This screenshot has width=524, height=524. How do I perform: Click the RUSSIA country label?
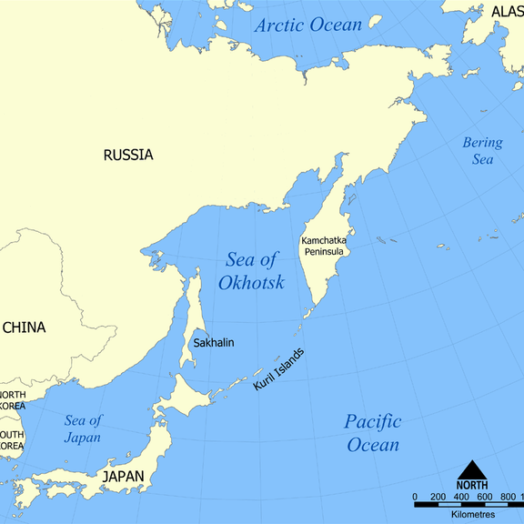[x=128, y=155]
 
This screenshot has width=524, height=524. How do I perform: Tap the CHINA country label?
[x=24, y=327]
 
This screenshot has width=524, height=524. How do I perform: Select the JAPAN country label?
[x=123, y=476]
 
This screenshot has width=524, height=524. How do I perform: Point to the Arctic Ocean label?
[x=307, y=25]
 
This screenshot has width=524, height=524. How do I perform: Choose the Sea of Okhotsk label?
[x=251, y=271]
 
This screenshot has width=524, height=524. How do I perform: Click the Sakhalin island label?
[x=214, y=342]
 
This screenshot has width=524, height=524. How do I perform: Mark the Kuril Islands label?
[x=279, y=370]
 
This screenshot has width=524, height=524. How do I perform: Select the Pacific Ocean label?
[x=372, y=433]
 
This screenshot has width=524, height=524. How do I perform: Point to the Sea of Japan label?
[x=83, y=428]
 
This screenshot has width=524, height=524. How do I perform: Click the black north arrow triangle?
[x=471, y=470]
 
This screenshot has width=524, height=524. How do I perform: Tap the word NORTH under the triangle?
[x=471, y=485]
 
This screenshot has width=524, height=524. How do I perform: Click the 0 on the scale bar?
[x=416, y=497]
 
